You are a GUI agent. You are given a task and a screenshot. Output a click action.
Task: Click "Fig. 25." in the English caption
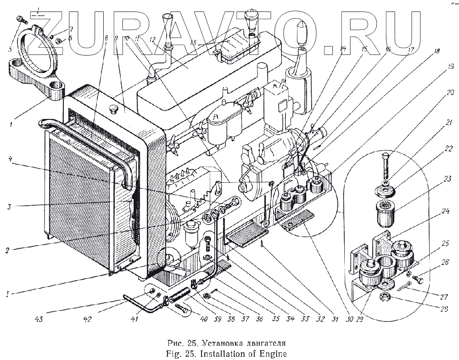tap(188, 354)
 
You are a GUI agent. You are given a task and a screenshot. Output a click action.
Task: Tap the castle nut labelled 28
tap(383, 298)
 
